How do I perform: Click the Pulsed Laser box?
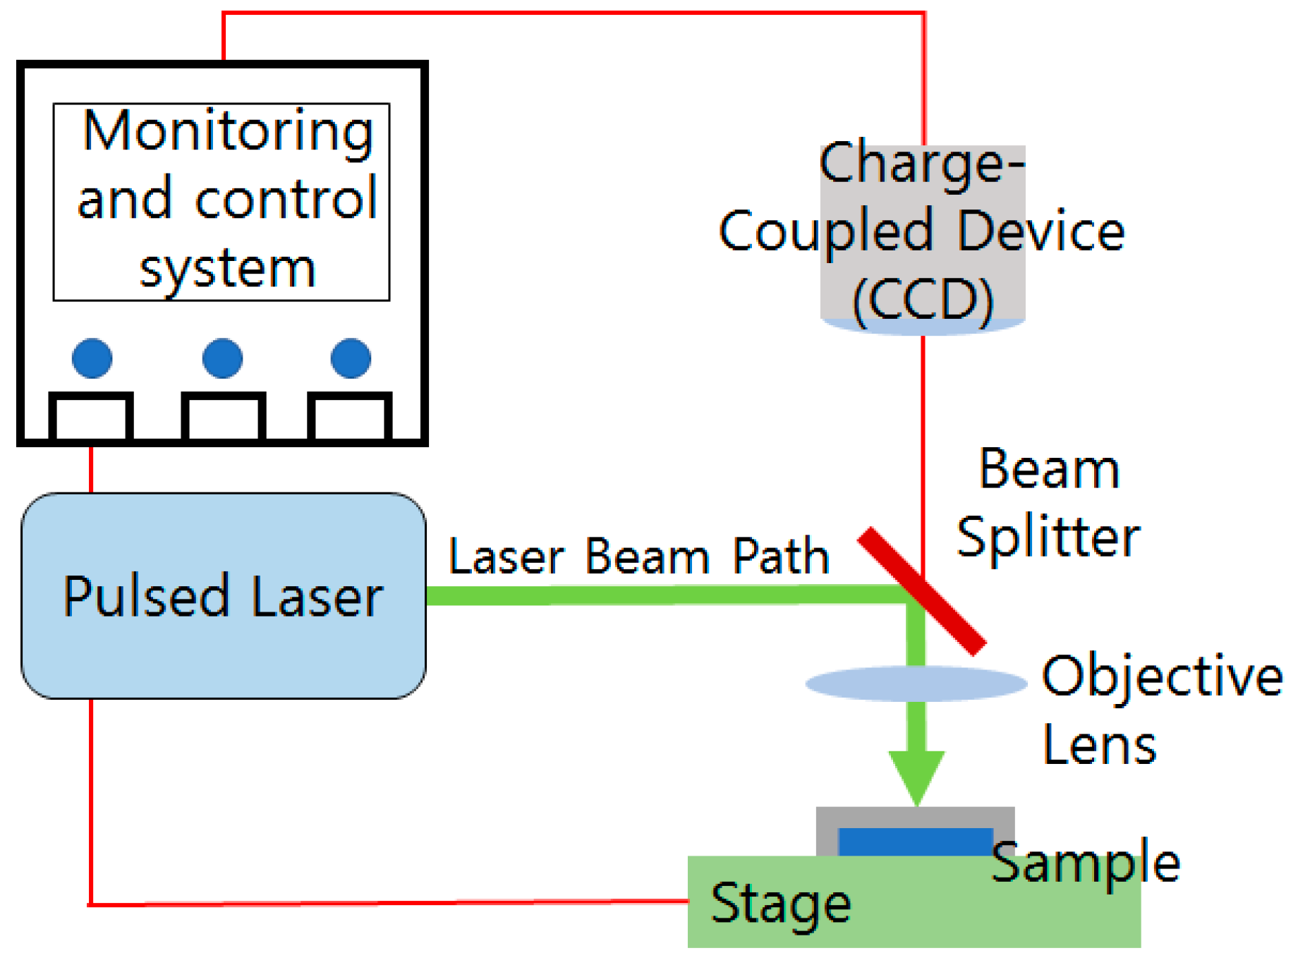point(224,596)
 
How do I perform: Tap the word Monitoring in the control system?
point(228,133)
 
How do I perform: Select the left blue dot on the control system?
point(92,358)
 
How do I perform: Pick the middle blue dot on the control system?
point(222,358)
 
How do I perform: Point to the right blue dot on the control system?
point(351,358)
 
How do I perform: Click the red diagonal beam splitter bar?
point(922,591)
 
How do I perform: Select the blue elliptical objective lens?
point(916,683)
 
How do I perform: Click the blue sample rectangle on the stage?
point(915,842)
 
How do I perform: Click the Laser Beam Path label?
point(639,557)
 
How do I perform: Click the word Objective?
point(1163,678)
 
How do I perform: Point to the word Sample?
point(1086,863)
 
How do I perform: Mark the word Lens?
point(1100,745)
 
